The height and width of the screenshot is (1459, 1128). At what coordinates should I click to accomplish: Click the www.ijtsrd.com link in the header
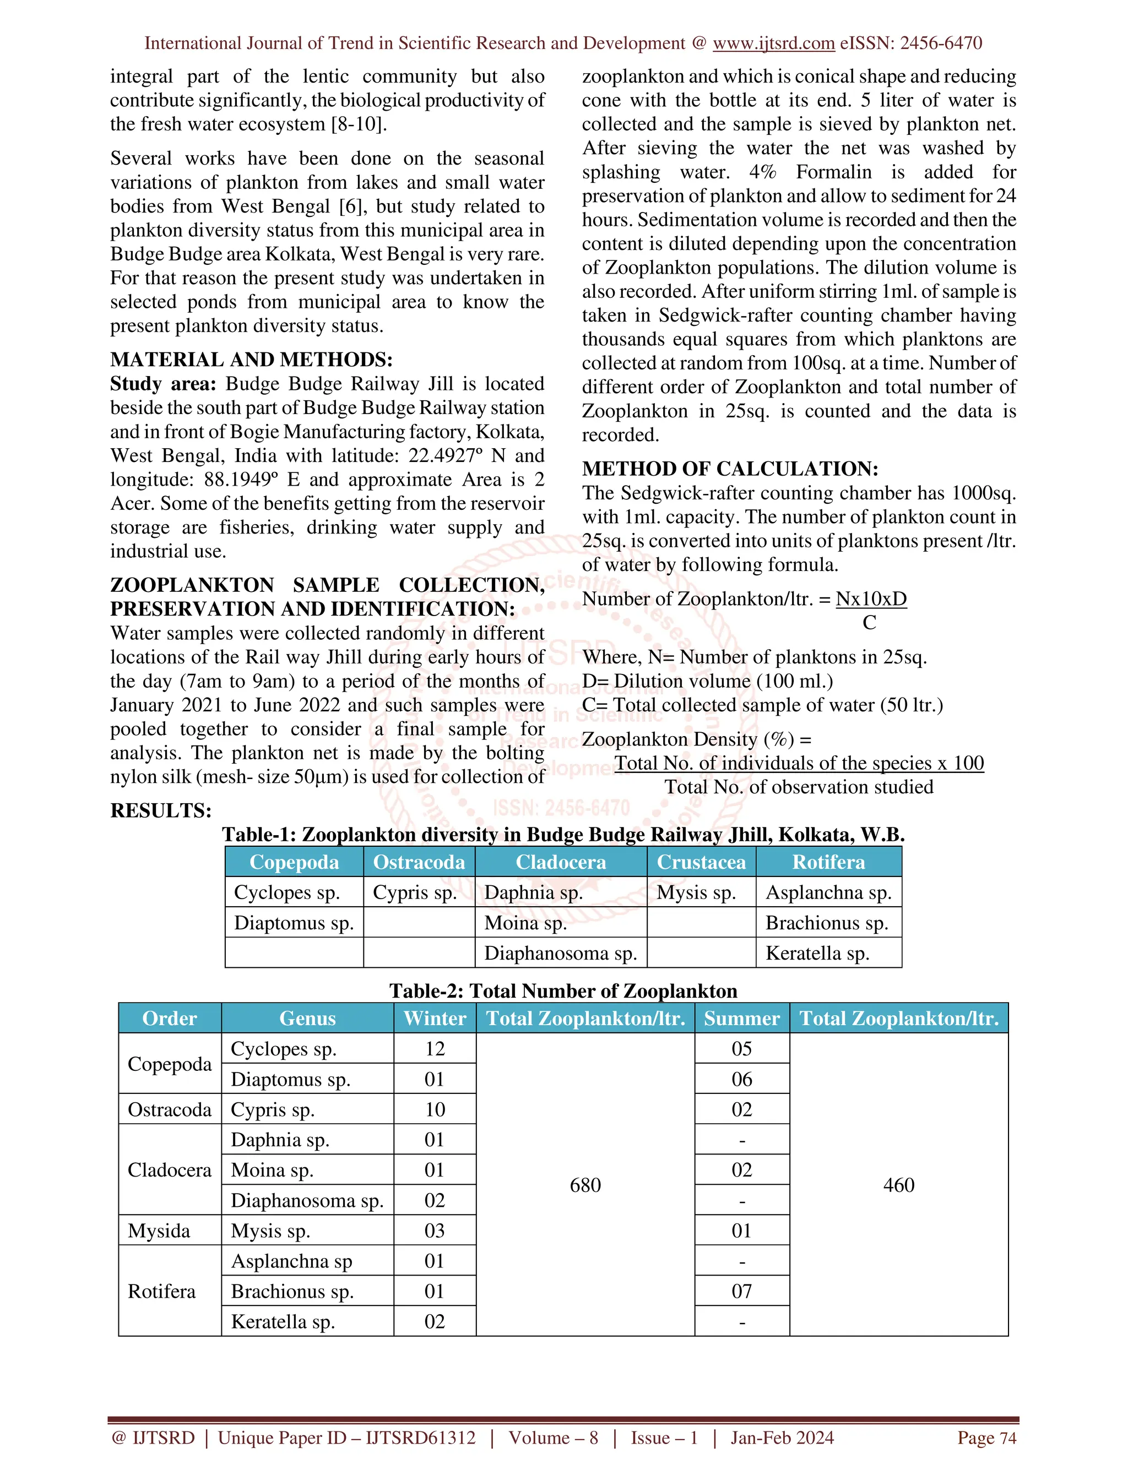pyautogui.click(x=773, y=43)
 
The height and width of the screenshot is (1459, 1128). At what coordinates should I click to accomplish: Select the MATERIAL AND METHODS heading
pyautogui.click(x=251, y=360)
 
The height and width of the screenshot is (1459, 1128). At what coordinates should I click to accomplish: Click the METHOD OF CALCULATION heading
pyautogui.click(x=730, y=469)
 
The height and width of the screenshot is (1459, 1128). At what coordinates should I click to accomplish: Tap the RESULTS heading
pyautogui.click(x=160, y=811)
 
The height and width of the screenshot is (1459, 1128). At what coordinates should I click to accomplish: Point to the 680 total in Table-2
pyautogui.click(x=585, y=1185)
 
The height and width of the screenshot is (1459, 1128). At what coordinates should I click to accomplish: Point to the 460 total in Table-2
pyautogui.click(x=898, y=1185)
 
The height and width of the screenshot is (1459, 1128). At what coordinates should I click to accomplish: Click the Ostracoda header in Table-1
pyautogui.click(x=419, y=862)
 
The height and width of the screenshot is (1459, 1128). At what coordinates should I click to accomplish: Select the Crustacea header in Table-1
pyautogui.click(x=701, y=862)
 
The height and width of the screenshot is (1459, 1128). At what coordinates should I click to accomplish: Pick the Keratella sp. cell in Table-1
pyautogui.click(x=817, y=953)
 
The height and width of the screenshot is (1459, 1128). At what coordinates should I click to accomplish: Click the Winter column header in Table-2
pyautogui.click(x=435, y=1019)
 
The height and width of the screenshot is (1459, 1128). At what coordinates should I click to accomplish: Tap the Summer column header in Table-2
pyautogui.click(x=741, y=1019)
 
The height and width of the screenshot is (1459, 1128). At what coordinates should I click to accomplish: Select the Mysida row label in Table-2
pyautogui.click(x=159, y=1231)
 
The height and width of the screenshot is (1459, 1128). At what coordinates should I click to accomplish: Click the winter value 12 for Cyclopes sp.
pyautogui.click(x=435, y=1049)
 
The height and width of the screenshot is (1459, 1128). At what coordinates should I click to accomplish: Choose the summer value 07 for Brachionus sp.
pyautogui.click(x=741, y=1291)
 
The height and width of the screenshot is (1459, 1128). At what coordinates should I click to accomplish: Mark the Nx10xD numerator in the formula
pyautogui.click(x=871, y=599)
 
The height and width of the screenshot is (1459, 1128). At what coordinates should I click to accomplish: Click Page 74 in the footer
pyautogui.click(x=986, y=1438)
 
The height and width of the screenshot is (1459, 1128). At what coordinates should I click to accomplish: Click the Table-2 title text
pyautogui.click(x=563, y=990)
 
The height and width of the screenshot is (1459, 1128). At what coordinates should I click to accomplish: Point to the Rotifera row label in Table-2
pyautogui.click(x=162, y=1291)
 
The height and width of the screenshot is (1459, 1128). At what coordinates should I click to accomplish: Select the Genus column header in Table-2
pyautogui.click(x=307, y=1019)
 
